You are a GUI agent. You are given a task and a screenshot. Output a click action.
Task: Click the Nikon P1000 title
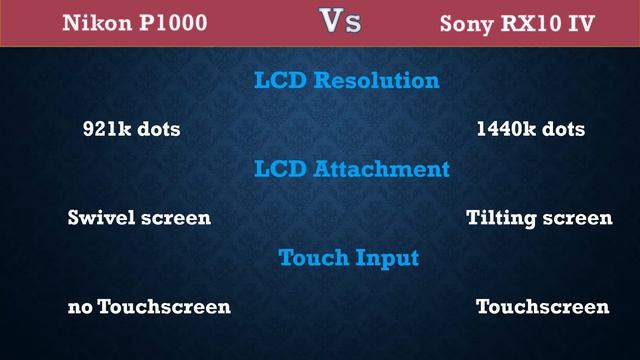pyautogui.click(x=136, y=22)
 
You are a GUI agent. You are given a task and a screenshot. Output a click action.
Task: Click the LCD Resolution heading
pyautogui.click(x=345, y=80)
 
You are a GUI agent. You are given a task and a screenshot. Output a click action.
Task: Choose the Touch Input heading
pyautogui.click(x=348, y=257)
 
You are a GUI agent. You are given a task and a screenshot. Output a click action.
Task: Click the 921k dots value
pyautogui.click(x=131, y=129)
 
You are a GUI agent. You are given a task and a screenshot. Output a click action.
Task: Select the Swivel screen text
pyautogui.click(x=139, y=217)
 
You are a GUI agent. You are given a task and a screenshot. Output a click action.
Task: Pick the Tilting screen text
pyautogui.click(x=539, y=217)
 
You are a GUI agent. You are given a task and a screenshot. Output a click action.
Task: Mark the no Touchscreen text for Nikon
pyautogui.click(x=149, y=306)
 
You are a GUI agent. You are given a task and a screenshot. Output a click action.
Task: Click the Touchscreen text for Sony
pyautogui.click(x=542, y=306)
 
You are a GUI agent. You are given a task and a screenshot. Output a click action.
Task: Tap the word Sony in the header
pyautogui.click(x=466, y=22)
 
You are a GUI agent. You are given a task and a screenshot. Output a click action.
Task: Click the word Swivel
pyautogui.click(x=98, y=217)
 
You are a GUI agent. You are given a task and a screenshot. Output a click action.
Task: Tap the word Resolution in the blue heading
pyautogui.click(x=377, y=80)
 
